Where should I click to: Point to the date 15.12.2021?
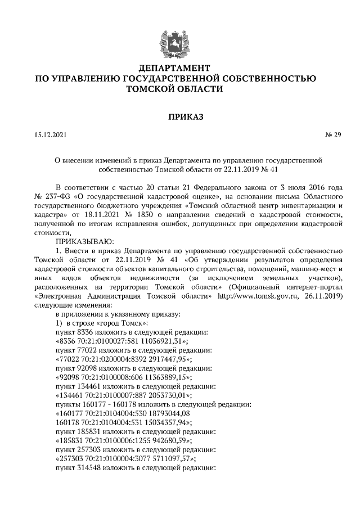point(49,135)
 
